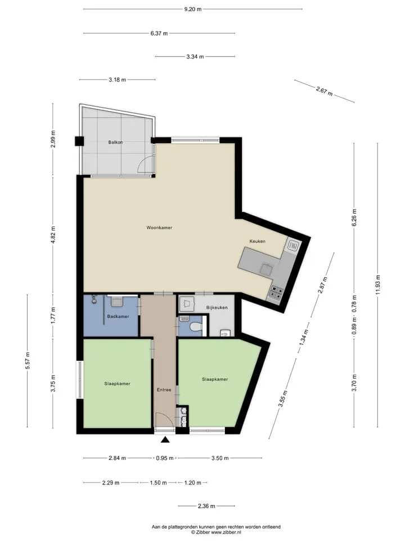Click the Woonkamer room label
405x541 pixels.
tap(159, 228)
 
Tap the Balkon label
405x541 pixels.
tap(115, 142)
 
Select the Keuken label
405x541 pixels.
tap(257, 242)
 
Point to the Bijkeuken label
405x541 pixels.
tap(217, 308)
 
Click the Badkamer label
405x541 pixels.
tap(118, 316)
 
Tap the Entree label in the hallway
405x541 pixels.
tap(164, 390)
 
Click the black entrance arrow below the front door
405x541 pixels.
tap(165, 439)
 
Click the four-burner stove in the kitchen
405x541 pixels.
tap(276, 293)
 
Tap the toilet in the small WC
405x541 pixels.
tap(196, 326)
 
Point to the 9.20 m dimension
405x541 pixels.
tap(193, 10)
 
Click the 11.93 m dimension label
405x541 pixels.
tap(378, 285)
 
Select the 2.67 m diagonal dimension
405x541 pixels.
tap(325, 91)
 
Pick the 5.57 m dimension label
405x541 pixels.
tap(28, 361)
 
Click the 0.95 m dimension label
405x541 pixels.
tap(165, 458)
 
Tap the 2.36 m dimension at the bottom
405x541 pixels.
tap(206, 506)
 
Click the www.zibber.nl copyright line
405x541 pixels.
tap(216, 533)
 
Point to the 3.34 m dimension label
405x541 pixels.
tap(195, 56)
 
